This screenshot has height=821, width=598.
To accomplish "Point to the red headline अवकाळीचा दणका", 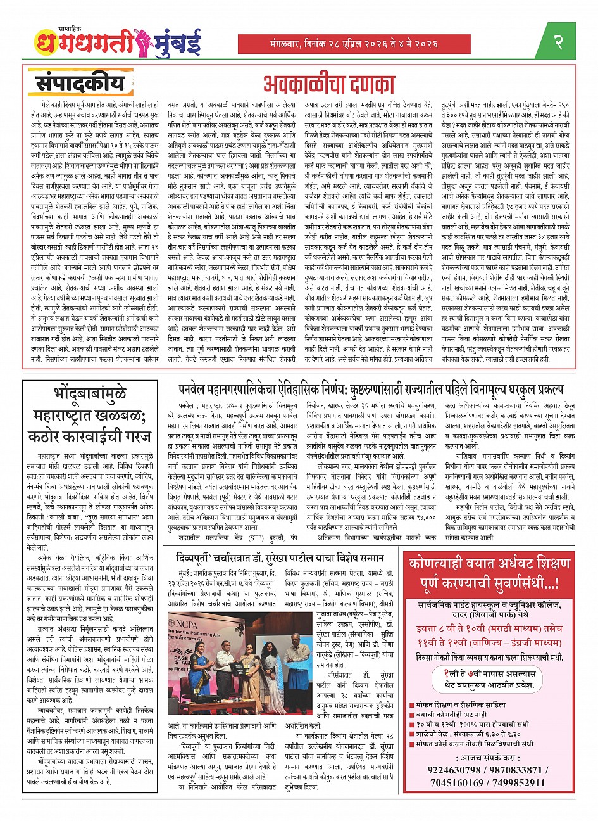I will pyautogui.click(x=329, y=85).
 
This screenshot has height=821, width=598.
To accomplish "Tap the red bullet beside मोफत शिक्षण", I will pyautogui.click(x=412, y=704).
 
